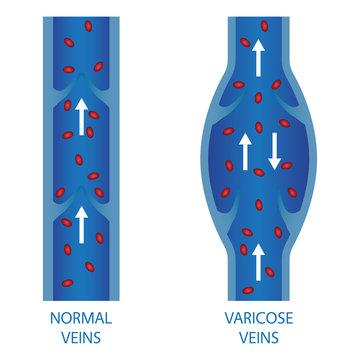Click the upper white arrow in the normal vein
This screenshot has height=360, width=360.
pyautogui.click(x=81, y=116)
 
